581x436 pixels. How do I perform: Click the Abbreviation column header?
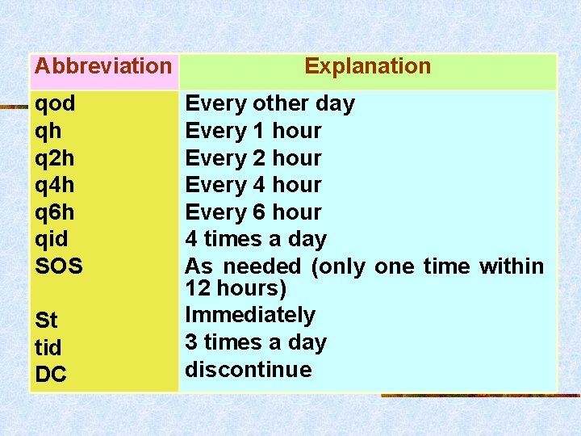click(103, 66)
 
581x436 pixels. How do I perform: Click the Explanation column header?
click(367, 66)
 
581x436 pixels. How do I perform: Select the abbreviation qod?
click(55, 104)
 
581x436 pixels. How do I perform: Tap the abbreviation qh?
click(48, 131)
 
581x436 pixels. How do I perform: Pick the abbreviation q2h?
click(55, 158)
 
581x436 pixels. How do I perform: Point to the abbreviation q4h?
click(55, 185)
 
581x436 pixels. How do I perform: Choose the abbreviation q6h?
click(55, 212)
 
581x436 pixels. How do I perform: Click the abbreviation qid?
click(52, 239)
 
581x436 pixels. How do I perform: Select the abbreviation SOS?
click(59, 266)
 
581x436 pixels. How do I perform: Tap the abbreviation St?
click(46, 321)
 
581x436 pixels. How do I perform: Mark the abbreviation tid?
click(48, 347)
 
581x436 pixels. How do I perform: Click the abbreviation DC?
click(51, 375)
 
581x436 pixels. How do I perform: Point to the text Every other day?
click(270, 104)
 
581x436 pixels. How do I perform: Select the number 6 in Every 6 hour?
click(259, 212)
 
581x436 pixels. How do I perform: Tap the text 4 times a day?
click(256, 239)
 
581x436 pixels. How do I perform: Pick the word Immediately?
click(250, 315)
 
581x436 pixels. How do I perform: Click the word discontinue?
click(249, 370)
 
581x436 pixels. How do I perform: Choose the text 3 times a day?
click(256, 342)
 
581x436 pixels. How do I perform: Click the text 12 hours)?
click(236, 288)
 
